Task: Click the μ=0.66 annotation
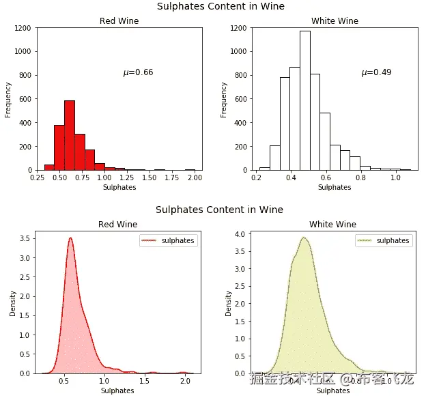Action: pyautogui.click(x=138, y=72)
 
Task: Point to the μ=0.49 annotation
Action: pyautogui.click(x=376, y=72)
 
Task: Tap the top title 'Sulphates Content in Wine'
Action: pyautogui.click(x=221, y=6)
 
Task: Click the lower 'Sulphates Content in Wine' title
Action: pyautogui.click(x=219, y=210)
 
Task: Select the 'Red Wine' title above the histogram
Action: pyautogui.click(x=119, y=21)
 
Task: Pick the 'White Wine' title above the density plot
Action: pyautogui.click(x=332, y=225)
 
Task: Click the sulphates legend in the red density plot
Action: pyautogui.click(x=168, y=240)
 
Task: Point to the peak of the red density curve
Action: pyautogui.click(x=70, y=238)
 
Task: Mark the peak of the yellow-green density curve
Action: pyautogui.click(x=304, y=238)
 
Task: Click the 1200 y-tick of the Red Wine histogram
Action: pyautogui.click(x=22, y=28)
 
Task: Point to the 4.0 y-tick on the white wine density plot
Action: pyautogui.click(x=239, y=234)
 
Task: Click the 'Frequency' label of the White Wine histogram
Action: pyautogui.click(x=224, y=100)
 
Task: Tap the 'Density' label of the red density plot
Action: pyautogui.click(x=13, y=302)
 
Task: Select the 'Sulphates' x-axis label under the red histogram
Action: pyautogui.click(x=119, y=187)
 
